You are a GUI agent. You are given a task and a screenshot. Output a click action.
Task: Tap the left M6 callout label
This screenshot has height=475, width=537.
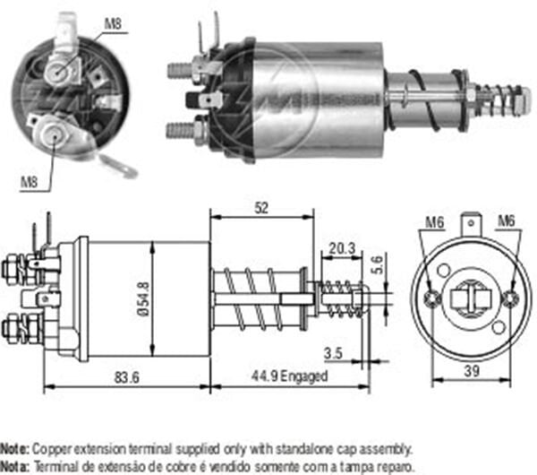click(435, 220)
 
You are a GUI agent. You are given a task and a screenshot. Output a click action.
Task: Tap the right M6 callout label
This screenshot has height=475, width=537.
click(506, 220)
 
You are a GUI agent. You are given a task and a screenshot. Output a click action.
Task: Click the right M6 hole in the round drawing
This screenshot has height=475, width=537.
click(510, 298)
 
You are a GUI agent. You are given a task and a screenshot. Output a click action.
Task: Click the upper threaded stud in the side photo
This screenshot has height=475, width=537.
click(182, 68)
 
